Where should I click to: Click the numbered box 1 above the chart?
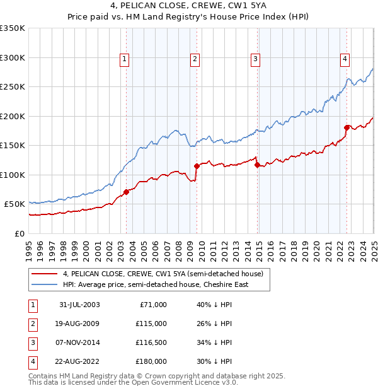(x=124, y=60)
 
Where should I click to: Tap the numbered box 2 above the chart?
(x=195, y=60)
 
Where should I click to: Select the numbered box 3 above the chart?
(x=255, y=60)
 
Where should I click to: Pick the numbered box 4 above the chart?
(x=345, y=60)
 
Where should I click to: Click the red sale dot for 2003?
(x=127, y=192)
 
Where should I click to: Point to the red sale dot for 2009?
(x=197, y=166)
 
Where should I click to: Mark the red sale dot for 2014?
(x=257, y=165)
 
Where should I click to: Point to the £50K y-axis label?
(x=14, y=204)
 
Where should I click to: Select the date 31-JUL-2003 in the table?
(x=79, y=305)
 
